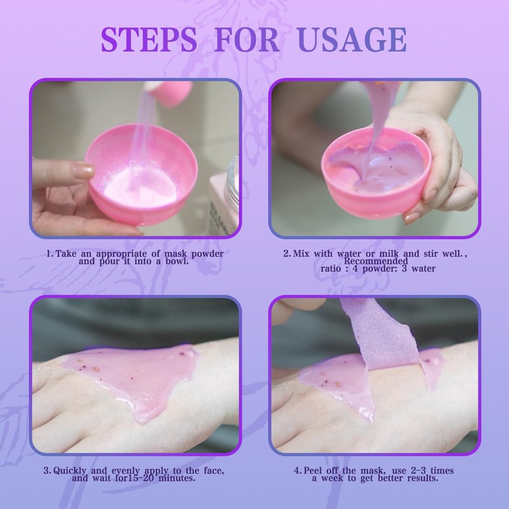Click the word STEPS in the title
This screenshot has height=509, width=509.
click(149, 39)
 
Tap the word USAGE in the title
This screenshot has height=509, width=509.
click(352, 39)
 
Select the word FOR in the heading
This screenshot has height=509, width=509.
click(247, 39)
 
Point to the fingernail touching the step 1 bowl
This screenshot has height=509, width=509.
click(84, 171)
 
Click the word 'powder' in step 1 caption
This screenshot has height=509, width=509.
click(207, 253)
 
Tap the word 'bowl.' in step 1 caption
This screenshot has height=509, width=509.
click(178, 261)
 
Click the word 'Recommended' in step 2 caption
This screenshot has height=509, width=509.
click(376, 261)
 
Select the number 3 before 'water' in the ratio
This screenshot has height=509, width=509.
click(404, 268)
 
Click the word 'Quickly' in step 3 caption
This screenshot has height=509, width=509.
click(70, 471)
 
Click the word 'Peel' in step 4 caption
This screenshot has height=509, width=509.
click(314, 470)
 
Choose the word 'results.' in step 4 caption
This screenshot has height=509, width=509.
click(422, 478)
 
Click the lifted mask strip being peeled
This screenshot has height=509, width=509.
click(380, 338)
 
